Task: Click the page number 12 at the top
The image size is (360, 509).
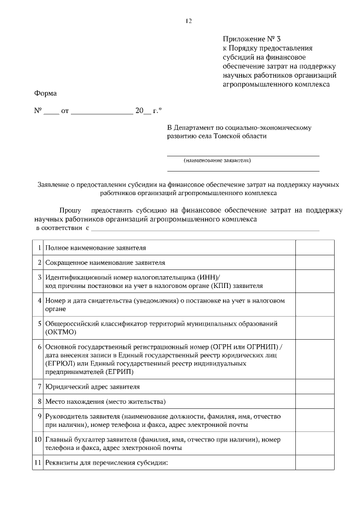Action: tap(188, 21)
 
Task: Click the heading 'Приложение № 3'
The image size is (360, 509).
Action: tap(247, 39)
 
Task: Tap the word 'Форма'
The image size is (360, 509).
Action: tap(46, 93)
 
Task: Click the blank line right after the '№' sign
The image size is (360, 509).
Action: tap(51, 112)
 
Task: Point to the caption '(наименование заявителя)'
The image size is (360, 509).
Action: tap(217, 160)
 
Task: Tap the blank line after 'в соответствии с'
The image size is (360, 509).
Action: tap(205, 229)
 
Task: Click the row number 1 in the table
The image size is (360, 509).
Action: tap(39, 247)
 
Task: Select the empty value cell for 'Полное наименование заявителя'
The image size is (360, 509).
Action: tap(315, 247)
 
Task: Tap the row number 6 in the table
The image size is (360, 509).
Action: tap(39, 348)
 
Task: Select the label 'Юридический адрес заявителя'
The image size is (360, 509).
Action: tap(93, 387)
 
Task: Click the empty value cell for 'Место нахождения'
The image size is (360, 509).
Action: tap(315, 402)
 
